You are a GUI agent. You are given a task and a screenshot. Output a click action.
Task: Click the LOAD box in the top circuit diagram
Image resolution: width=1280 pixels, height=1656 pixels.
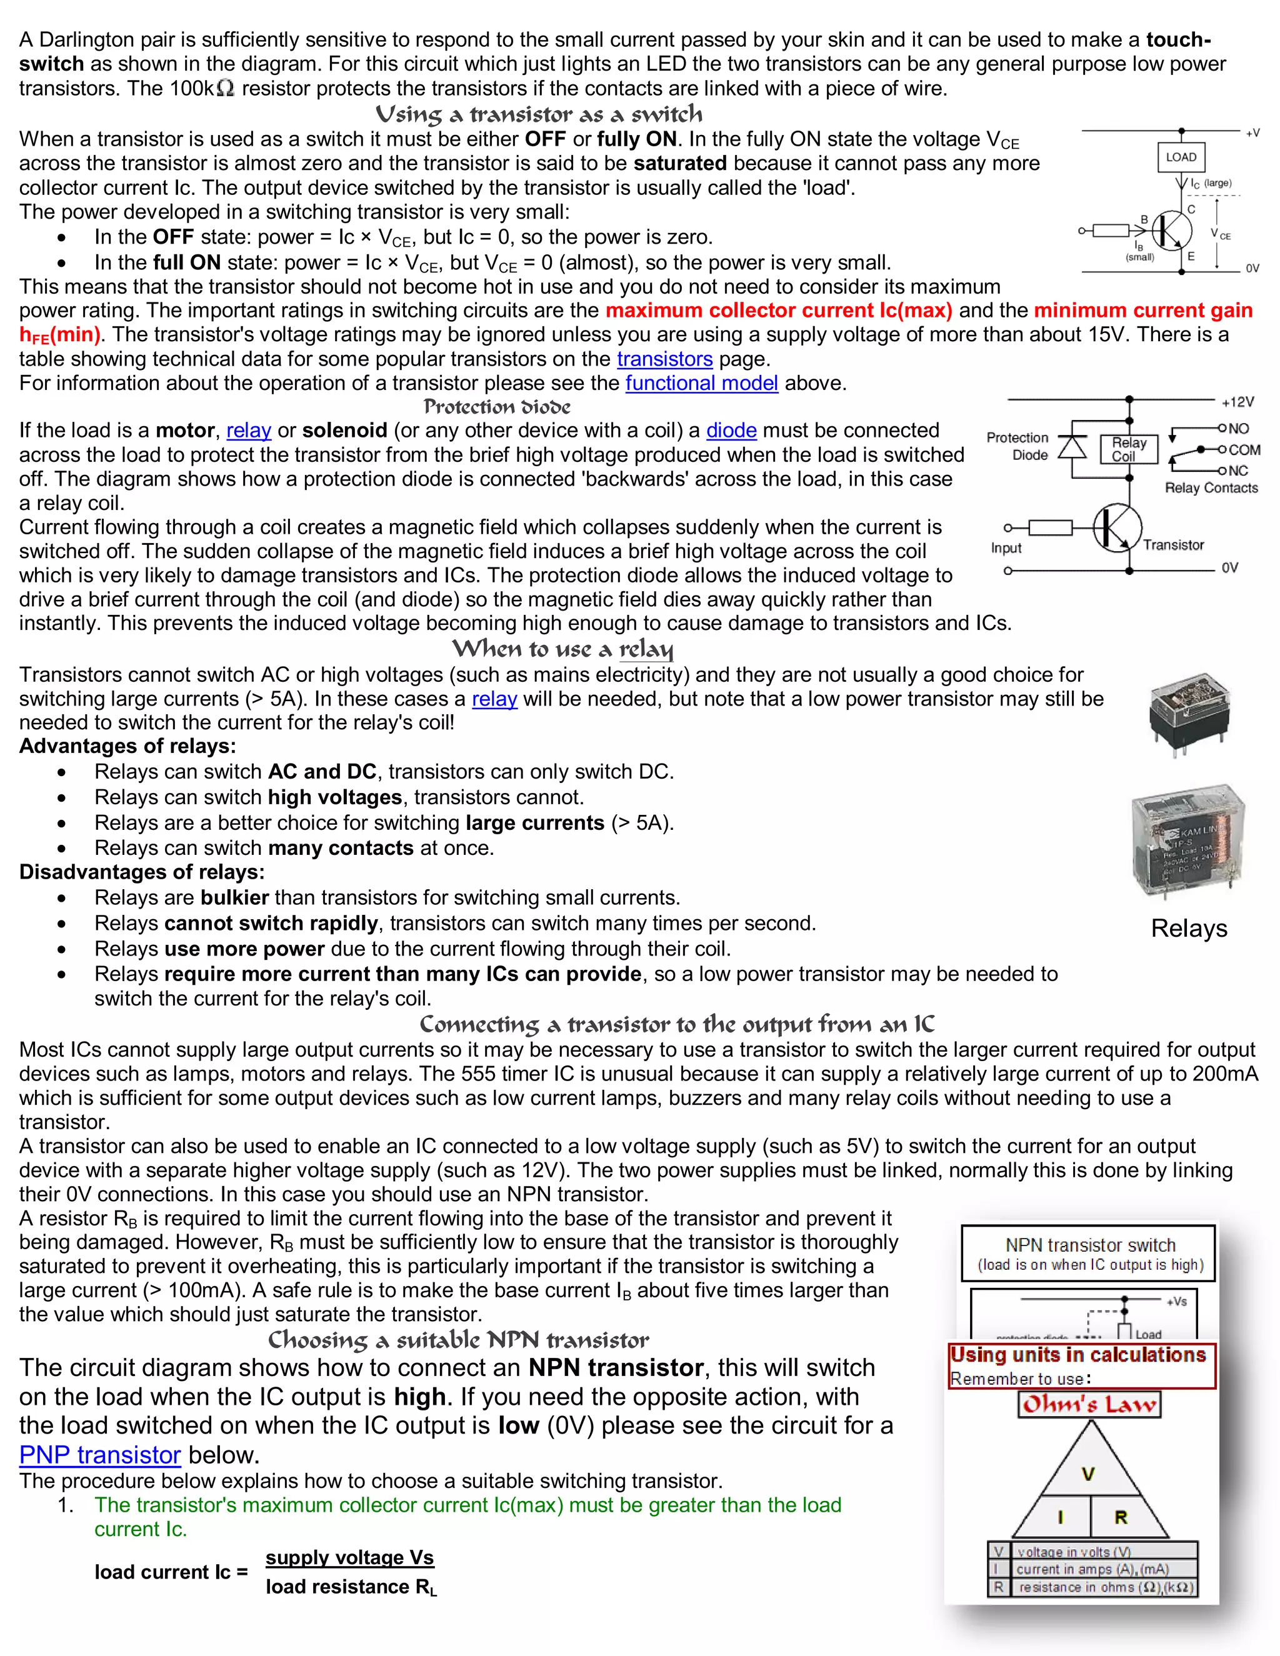[1181, 157]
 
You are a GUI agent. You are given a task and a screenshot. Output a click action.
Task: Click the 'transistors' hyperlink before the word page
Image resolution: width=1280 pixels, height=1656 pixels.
[664, 359]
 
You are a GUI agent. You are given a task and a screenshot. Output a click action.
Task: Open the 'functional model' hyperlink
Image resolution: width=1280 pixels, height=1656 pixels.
[701, 383]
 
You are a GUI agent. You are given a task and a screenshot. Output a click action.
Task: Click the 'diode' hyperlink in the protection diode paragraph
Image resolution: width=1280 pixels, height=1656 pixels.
[731, 431]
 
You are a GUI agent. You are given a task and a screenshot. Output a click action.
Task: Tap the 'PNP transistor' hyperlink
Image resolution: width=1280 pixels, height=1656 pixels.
[100, 1454]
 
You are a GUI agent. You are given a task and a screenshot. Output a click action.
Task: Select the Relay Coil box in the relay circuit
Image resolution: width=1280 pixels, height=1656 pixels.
[1129, 449]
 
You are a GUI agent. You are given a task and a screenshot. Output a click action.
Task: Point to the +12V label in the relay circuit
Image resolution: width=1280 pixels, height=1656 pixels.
[1237, 402]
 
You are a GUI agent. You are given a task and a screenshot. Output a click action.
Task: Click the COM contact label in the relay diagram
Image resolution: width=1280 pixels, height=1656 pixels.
[1244, 450]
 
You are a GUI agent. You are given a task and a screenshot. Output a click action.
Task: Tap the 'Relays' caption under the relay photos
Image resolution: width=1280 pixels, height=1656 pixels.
[1188, 928]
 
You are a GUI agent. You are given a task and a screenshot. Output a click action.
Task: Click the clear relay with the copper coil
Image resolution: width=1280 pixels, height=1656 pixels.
[1188, 840]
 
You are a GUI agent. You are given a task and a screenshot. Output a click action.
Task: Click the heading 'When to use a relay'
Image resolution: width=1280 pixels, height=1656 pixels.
[562, 649]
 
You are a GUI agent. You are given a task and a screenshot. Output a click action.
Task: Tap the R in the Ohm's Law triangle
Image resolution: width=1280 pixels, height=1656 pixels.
[1121, 1517]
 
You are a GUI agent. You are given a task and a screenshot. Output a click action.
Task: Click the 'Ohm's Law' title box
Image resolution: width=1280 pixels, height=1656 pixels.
[1089, 1404]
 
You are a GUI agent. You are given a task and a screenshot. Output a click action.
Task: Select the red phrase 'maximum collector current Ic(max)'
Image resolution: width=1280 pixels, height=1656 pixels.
[779, 310]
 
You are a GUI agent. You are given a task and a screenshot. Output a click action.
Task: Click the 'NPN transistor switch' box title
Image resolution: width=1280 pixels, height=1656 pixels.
[1089, 1245]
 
